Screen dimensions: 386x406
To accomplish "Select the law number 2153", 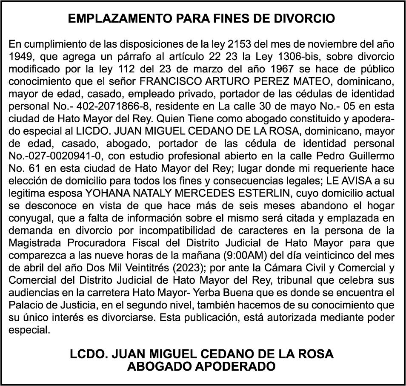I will click(x=242, y=44).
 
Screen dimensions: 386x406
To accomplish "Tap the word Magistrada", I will click(x=36, y=241).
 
